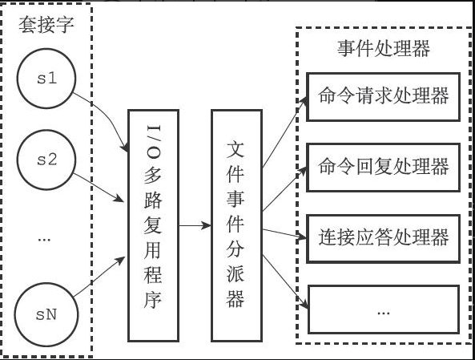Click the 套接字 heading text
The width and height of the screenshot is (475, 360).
tap(46, 25)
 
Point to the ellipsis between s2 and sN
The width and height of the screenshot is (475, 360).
tap(44, 240)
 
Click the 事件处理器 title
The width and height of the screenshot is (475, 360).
tap(383, 49)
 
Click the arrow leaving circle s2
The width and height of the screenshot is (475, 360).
tap(99, 188)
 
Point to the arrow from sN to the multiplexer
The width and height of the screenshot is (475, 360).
tap(99, 277)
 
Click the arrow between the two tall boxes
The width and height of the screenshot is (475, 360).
tap(195, 225)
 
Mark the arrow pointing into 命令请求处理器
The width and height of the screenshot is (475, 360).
tap(285, 132)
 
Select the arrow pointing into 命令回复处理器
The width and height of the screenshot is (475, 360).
tap(284, 188)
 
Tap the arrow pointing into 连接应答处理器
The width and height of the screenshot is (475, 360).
tap(284, 234)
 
